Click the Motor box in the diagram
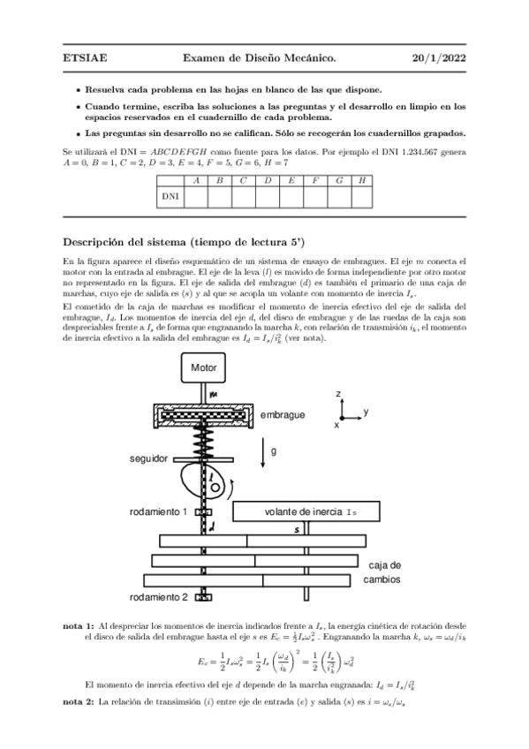click(x=205, y=367)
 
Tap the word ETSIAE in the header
click(x=85, y=58)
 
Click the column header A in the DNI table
click(x=196, y=180)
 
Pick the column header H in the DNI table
click(x=362, y=180)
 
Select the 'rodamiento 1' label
click(x=157, y=512)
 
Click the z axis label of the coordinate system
click(x=338, y=392)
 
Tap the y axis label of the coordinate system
click(x=366, y=412)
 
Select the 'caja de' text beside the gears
click(x=384, y=564)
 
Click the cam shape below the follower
click(x=202, y=482)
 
